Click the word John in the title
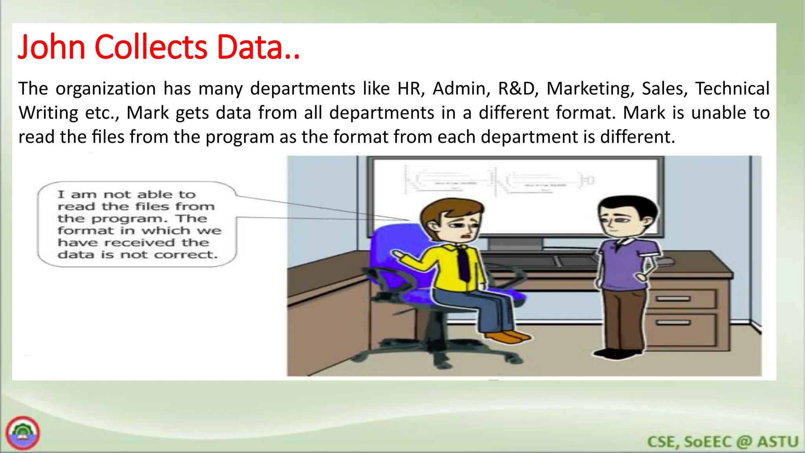(x=51, y=47)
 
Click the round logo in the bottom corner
(x=23, y=433)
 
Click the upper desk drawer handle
(x=673, y=299)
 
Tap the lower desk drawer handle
(x=673, y=323)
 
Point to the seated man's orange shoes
(x=507, y=337)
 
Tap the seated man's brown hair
(x=448, y=210)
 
